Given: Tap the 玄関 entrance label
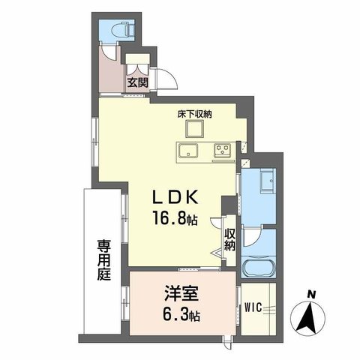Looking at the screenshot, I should (x=137, y=83).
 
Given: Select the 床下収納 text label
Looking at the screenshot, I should (x=194, y=114).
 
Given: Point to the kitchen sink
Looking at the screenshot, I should (x=187, y=149).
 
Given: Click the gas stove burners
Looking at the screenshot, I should (x=223, y=149).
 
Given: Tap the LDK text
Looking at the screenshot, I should (x=175, y=196).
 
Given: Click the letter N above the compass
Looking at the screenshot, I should (x=310, y=293).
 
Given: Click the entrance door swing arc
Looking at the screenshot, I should (x=166, y=76).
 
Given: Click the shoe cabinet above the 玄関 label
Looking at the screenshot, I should (x=137, y=66).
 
